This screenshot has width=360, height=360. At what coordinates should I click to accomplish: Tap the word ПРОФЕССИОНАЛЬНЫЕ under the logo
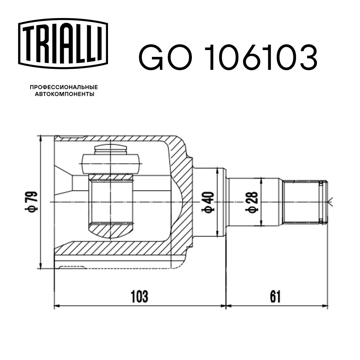click(64, 87)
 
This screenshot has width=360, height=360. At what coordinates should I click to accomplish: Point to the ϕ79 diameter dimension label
click(32, 202)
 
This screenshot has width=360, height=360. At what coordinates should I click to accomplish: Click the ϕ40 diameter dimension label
click(210, 202)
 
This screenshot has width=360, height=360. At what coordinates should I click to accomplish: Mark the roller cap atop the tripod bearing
click(111, 149)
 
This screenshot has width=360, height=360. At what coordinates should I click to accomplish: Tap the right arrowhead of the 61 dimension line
click(325, 306)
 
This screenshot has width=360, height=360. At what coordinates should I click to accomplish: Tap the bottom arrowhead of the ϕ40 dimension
click(217, 234)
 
